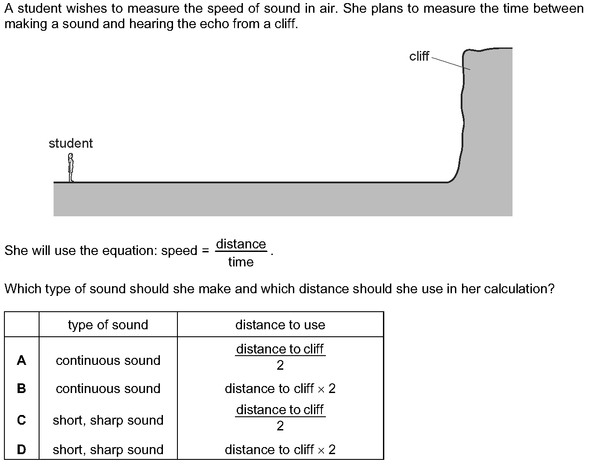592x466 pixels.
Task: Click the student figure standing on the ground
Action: click(x=71, y=168)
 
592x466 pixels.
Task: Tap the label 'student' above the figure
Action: click(x=71, y=143)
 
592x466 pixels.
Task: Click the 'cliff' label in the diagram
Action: click(x=419, y=56)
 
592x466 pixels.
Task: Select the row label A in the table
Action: click(x=22, y=360)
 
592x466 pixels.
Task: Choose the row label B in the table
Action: click(x=22, y=389)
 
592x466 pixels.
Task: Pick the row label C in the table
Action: click(x=22, y=420)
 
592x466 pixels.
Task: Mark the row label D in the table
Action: click(x=22, y=449)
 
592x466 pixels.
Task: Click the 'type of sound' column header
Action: click(x=108, y=325)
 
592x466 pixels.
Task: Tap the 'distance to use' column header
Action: click(x=280, y=325)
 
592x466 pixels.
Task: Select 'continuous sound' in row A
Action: click(x=108, y=360)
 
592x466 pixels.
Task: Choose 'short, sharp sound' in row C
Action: click(x=108, y=420)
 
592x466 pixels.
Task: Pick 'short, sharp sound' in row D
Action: click(x=108, y=450)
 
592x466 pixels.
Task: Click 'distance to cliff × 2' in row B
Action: click(x=280, y=389)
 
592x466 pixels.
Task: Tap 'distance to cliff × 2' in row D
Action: click(x=280, y=449)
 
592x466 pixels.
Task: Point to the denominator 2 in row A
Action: click(x=280, y=365)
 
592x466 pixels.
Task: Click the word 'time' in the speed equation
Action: click(x=241, y=262)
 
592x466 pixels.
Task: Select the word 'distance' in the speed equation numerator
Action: click(x=241, y=244)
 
